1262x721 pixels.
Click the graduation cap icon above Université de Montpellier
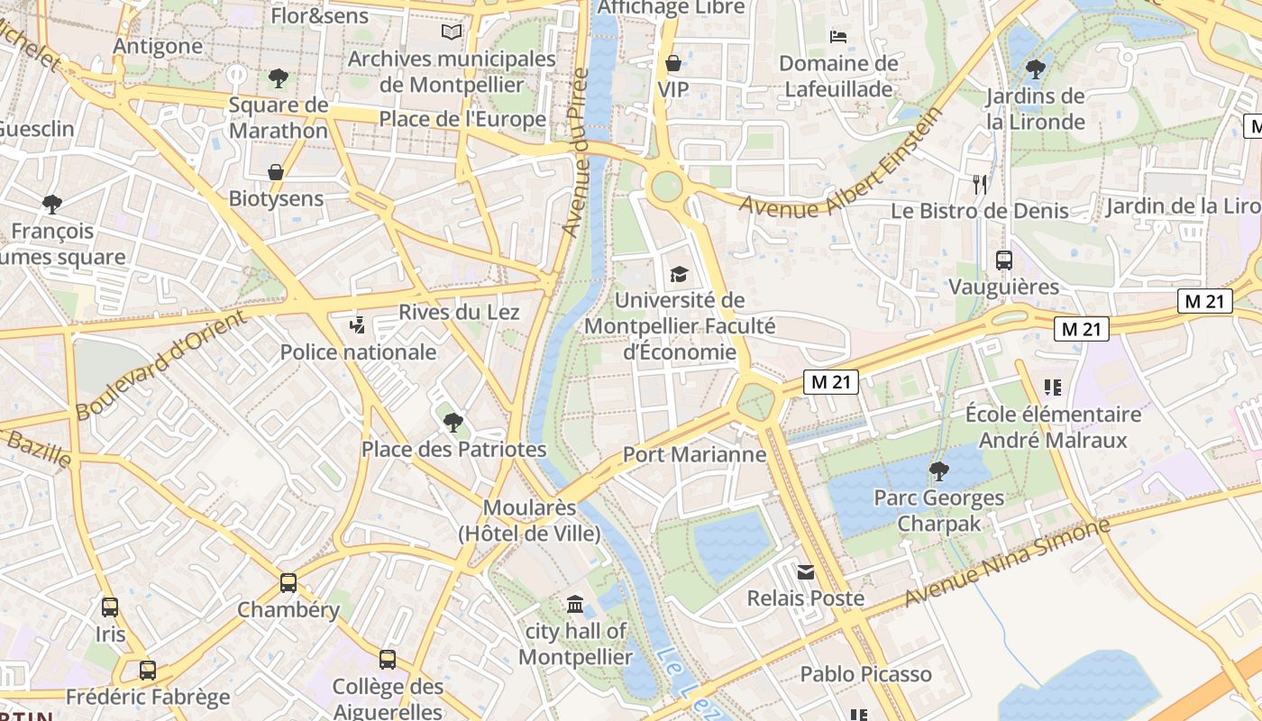(x=678, y=274)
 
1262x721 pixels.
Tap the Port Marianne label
(x=694, y=454)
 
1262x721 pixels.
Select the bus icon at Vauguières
(x=1003, y=260)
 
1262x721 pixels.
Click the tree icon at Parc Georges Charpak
(x=938, y=470)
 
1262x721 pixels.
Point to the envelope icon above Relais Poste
(x=805, y=571)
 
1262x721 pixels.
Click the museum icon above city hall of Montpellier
(x=575, y=604)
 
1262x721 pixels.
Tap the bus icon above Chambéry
(x=288, y=583)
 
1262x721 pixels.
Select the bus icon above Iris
(x=110, y=607)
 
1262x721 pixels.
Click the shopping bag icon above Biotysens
(x=276, y=171)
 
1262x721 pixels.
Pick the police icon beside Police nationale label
(x=357, y=324)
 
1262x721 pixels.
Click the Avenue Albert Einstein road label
(x=843, y=164)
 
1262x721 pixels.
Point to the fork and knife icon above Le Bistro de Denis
(x=980, y=185)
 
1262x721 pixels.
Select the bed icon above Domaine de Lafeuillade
(x=838, y=37)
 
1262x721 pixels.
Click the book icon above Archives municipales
(x=452, y=32)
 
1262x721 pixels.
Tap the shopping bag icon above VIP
(x=672, y=63)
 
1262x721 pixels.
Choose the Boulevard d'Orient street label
(x=160, y=365)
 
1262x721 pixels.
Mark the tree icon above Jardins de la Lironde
(x=1035, y=68)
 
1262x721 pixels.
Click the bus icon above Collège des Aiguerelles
(x=388, y=660)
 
